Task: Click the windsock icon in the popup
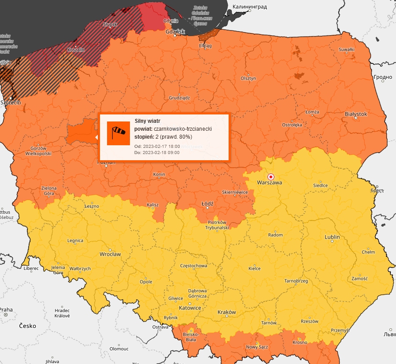click(118, 133)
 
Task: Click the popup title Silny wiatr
click(147, 121)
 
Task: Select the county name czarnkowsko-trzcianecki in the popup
click(183, 129)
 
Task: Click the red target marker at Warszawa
click(271, 176)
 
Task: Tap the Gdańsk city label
click(175, 32)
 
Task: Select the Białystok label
click(355, 114)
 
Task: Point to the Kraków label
click(227, 312)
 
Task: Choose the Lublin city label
click(332, 237)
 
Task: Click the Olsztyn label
click(248, 78)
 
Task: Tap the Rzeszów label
click(310, 321)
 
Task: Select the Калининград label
click(248, 7)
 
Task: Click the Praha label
click(6, 309)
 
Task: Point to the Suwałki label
click(347, 50)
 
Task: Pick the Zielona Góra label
click(49, 191)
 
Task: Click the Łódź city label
click(207, 204)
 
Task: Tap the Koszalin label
click(75, 50)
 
